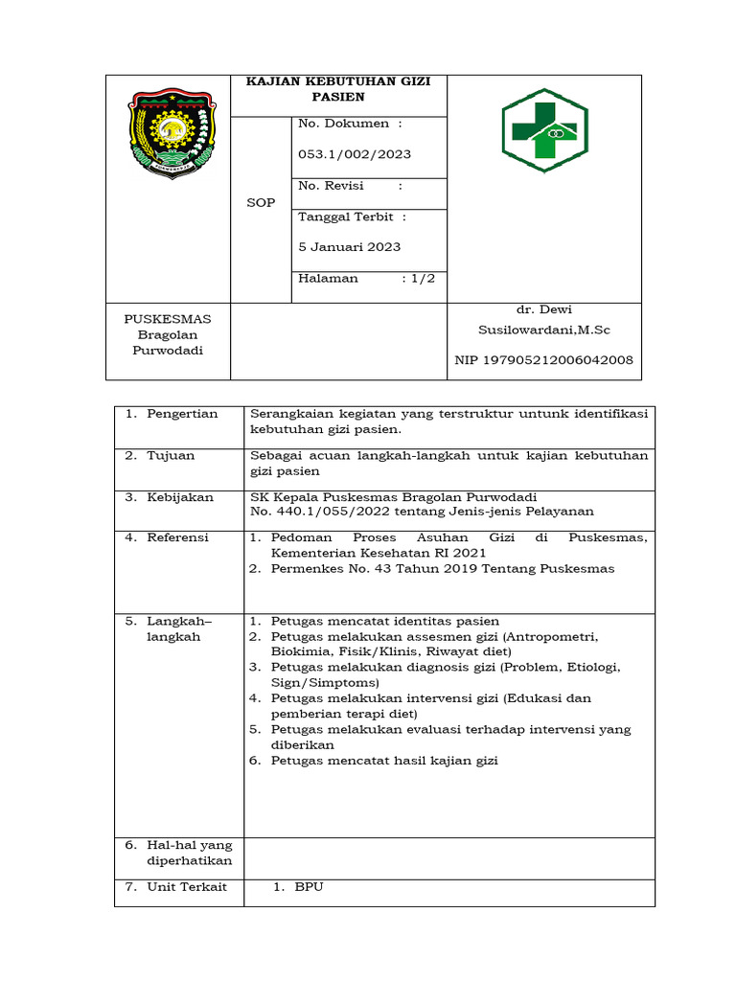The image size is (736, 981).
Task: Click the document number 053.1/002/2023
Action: (x=355, y=154)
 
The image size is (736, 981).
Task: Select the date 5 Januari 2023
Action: (x=350, y=246)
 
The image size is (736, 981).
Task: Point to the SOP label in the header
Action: (x=261, y=203)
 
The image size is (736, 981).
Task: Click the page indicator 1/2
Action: (x=423, y=278)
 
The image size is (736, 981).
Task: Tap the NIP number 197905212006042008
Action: (x=543, y=360)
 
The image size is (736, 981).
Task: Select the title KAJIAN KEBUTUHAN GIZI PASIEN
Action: (x=338, y=89)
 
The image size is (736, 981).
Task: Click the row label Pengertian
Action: (x=182, y=414)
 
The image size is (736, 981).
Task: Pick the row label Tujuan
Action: (x=171, y=455)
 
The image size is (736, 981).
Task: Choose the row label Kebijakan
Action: (x=180, y=497)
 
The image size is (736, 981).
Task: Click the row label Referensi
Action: (x=177, y=537)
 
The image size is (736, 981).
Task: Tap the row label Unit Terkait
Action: (x=187, y=887)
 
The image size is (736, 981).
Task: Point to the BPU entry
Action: (x=310, y=887)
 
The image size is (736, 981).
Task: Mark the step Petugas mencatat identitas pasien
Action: (x=385, y=621)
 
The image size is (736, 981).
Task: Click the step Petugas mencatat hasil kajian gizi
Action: (x=385, y=761)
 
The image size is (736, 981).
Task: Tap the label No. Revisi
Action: (x=331, y=186)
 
